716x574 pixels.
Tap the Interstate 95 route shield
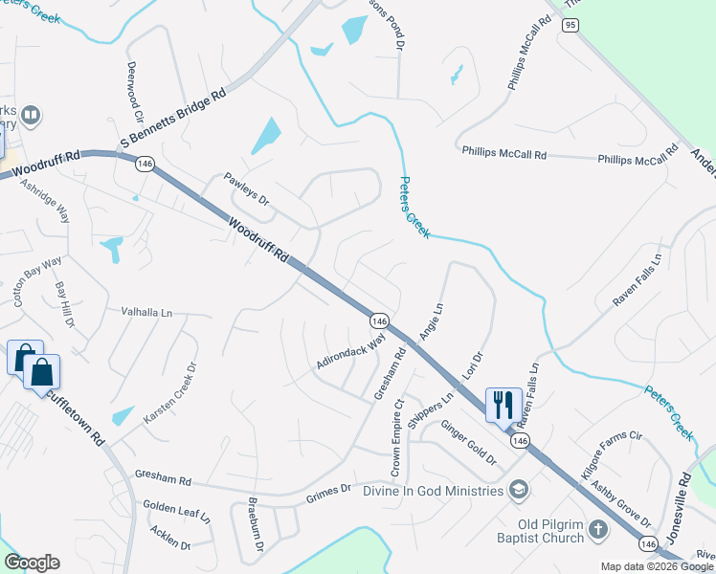(x=571, y=25)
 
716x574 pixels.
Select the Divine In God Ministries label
(x=433, y=491)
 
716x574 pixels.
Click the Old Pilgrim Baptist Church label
(x=537, y=530)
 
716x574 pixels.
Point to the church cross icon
(x=597, y=529)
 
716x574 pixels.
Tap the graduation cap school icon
(x=519, y=490)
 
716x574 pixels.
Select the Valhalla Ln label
(x=146, y=312)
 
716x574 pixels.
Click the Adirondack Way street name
(x=352, y=352)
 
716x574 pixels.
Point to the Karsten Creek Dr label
(x=170, y=393)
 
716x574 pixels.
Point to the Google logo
(x=32, y=563)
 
